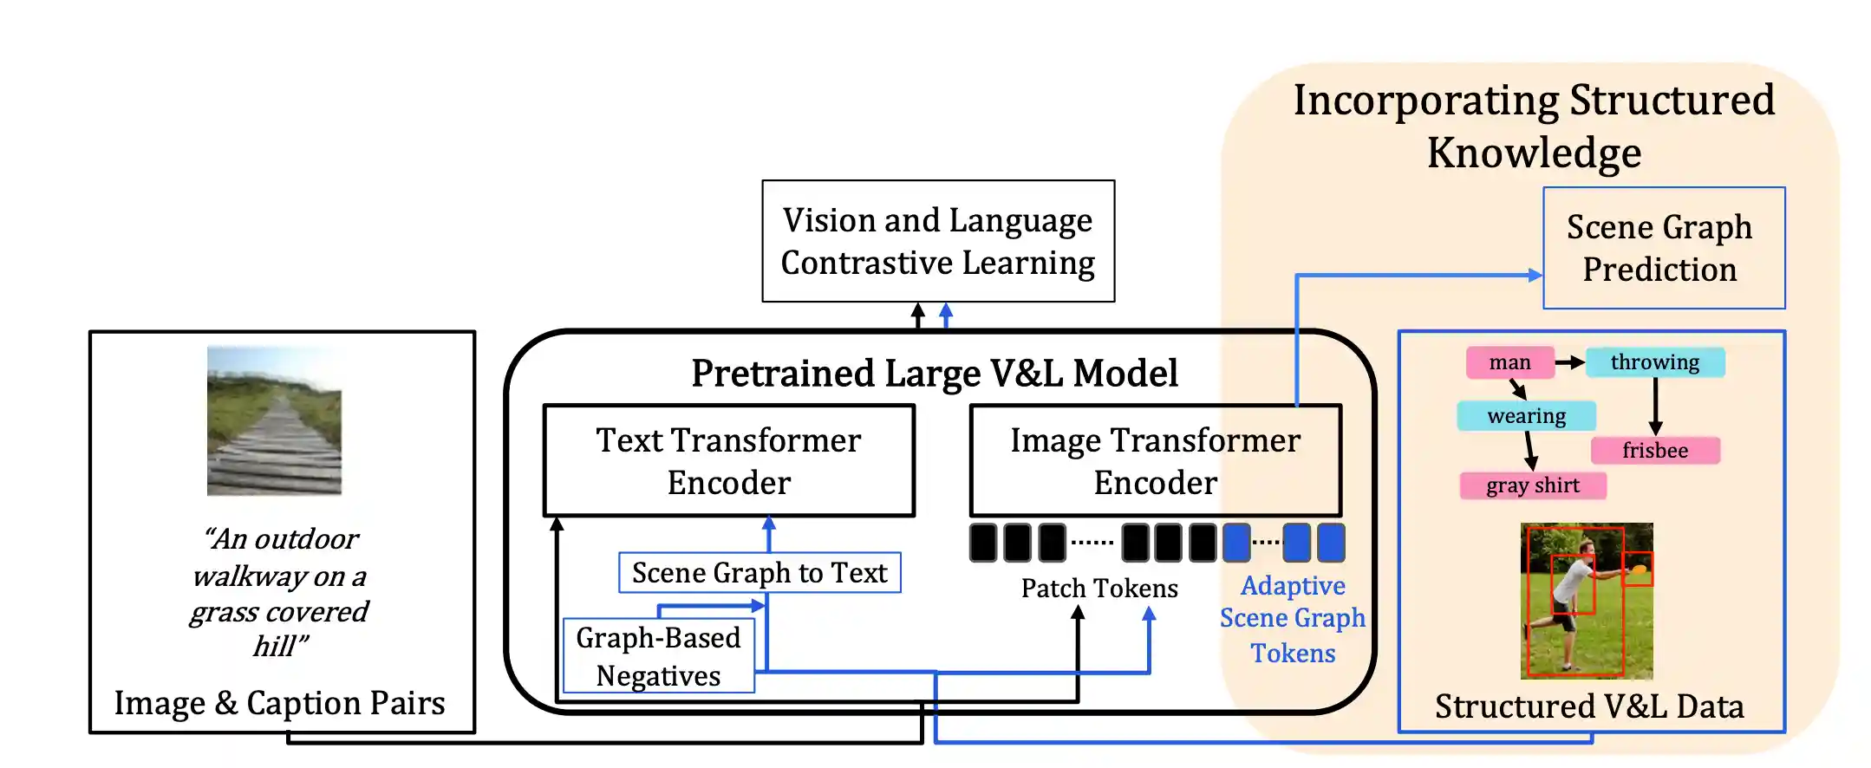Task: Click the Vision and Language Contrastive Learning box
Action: pyautogui.click(x=938, y=241)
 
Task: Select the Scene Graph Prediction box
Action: pyautogui.click(x=1663, y=248)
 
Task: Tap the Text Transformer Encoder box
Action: pyautogui.click(x=728, y=460)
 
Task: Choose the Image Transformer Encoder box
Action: pyautogui.click(x=1155, y=460)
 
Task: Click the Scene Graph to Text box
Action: pyautogui.click(x=759, y=573)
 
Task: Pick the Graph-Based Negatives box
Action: pyautogui.click(x=658, y=656)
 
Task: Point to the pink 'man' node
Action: pyautogui.click(x=1509, y=362)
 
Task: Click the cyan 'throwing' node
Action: pyautogui.click(x=1654, y=362)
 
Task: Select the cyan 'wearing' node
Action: pyautogui.click(x=1526, y=416)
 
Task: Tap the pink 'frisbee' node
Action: pyautogui.click(x=1654, y=451)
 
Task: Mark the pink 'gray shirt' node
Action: pyautogui.click(x=1532, y=485)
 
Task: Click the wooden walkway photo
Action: pyautogui.click(x=274, y=421)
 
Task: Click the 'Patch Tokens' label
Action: pyautogui.click(x=1098, y=589)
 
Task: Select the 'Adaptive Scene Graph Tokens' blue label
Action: pyautogui.click(x=1292, y=619)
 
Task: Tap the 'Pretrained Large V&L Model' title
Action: pyautogui.click(x=934, y=374)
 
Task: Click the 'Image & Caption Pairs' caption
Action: pyautogui.click(x=279, y=703)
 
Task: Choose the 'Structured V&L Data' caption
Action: pyautogui.click(x=1588, y=706)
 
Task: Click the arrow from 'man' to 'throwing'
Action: pyautogui.click(x=1569, y=362)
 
